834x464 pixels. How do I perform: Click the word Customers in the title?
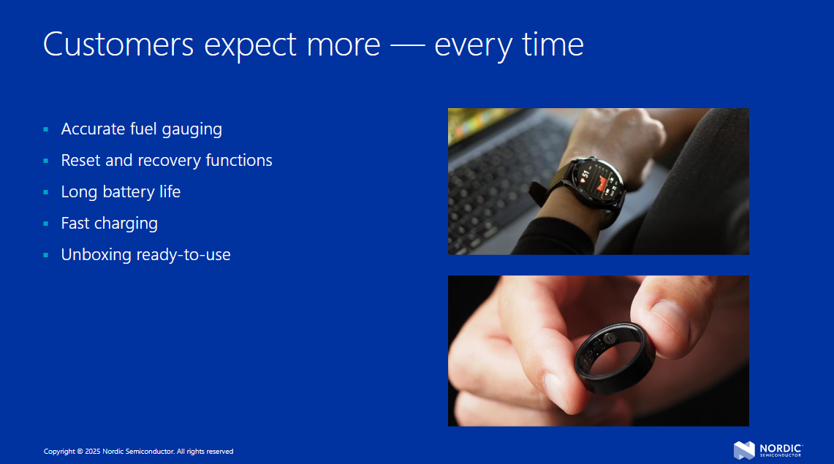click(x=118, y=44)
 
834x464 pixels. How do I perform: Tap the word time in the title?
click(x=553, y=44)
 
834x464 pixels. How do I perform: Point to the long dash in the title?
click(x=407, y=45)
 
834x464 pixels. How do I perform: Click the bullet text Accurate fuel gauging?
click(x=142, y=129)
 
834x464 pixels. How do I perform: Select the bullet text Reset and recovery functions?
click(x=167, y=161)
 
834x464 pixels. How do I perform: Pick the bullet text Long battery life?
click(x=121, y=192)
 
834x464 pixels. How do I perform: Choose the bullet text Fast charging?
click(x=110, y=223)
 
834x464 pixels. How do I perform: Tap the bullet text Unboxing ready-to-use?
click(x=145, y=254)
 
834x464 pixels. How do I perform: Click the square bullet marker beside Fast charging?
click(x=46, y=224)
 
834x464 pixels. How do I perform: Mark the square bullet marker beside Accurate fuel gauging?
click(x=46, y=129)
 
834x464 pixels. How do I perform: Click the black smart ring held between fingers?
click(x=615, y=358)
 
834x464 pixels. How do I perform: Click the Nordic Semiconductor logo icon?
click(x=744, y=450)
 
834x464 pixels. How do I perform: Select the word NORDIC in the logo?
click(x=781, y=448)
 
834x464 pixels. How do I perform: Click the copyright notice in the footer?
click(x=138, y=452)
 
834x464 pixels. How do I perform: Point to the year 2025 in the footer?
click(x=93, y=452)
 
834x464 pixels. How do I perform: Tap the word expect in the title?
click(x=250, y=45)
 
